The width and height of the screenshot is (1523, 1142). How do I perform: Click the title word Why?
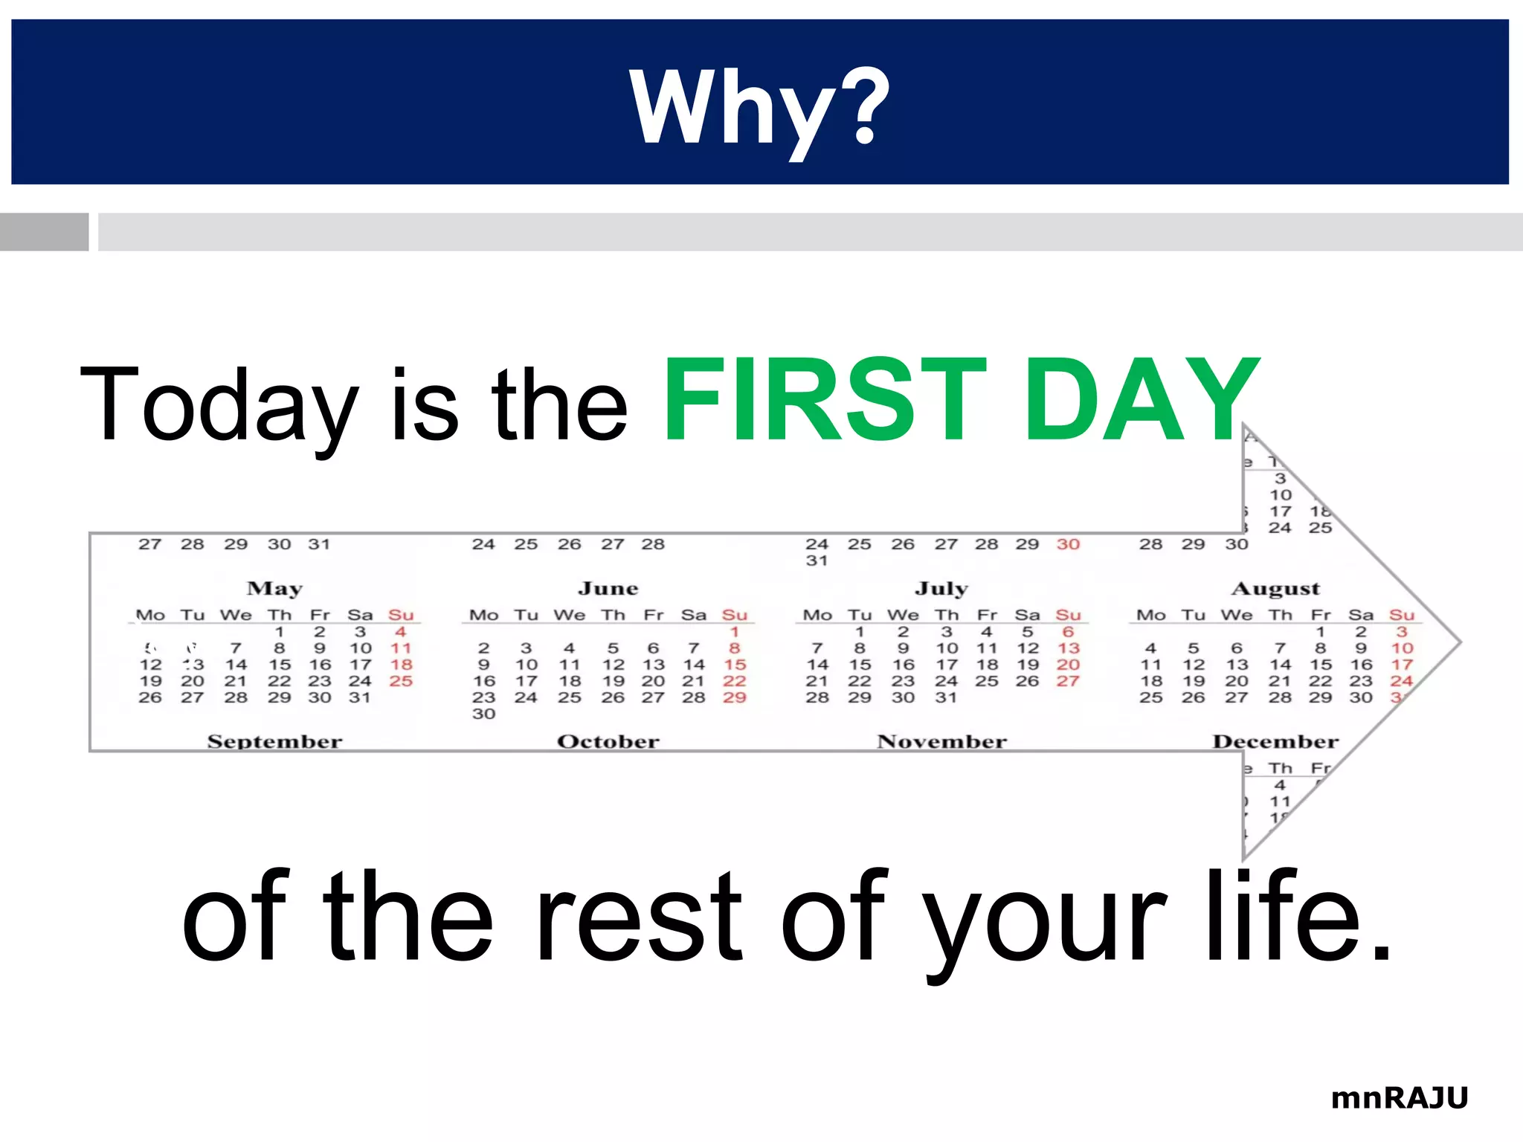tap(759, 108)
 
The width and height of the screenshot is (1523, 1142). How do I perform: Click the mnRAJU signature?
tap(1399, 1098)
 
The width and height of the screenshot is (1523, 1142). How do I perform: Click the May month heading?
tap(274, 588)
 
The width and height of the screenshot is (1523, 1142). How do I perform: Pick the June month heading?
tap(608, 588)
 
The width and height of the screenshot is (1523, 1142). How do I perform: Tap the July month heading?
tap(941, 588)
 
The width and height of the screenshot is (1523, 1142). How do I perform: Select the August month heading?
tap(1275, 588)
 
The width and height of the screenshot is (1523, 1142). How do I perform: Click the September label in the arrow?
tap(274, 741)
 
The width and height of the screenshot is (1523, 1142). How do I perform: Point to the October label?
tap(608, 741)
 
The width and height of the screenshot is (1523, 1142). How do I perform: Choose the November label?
tap(941, 741)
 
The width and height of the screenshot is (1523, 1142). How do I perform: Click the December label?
tap(1275, 741)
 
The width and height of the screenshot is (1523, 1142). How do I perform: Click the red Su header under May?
tap(401, 615)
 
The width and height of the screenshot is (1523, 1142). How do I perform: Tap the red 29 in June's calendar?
tap(734, 697)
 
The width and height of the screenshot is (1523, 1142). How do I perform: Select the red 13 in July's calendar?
tap(1068, 648)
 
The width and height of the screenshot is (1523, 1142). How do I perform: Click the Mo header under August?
tap(1150, 615)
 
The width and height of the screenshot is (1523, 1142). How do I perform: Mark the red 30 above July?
tap(1068, 544)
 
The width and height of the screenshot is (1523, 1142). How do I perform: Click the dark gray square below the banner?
tap(44, 232)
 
